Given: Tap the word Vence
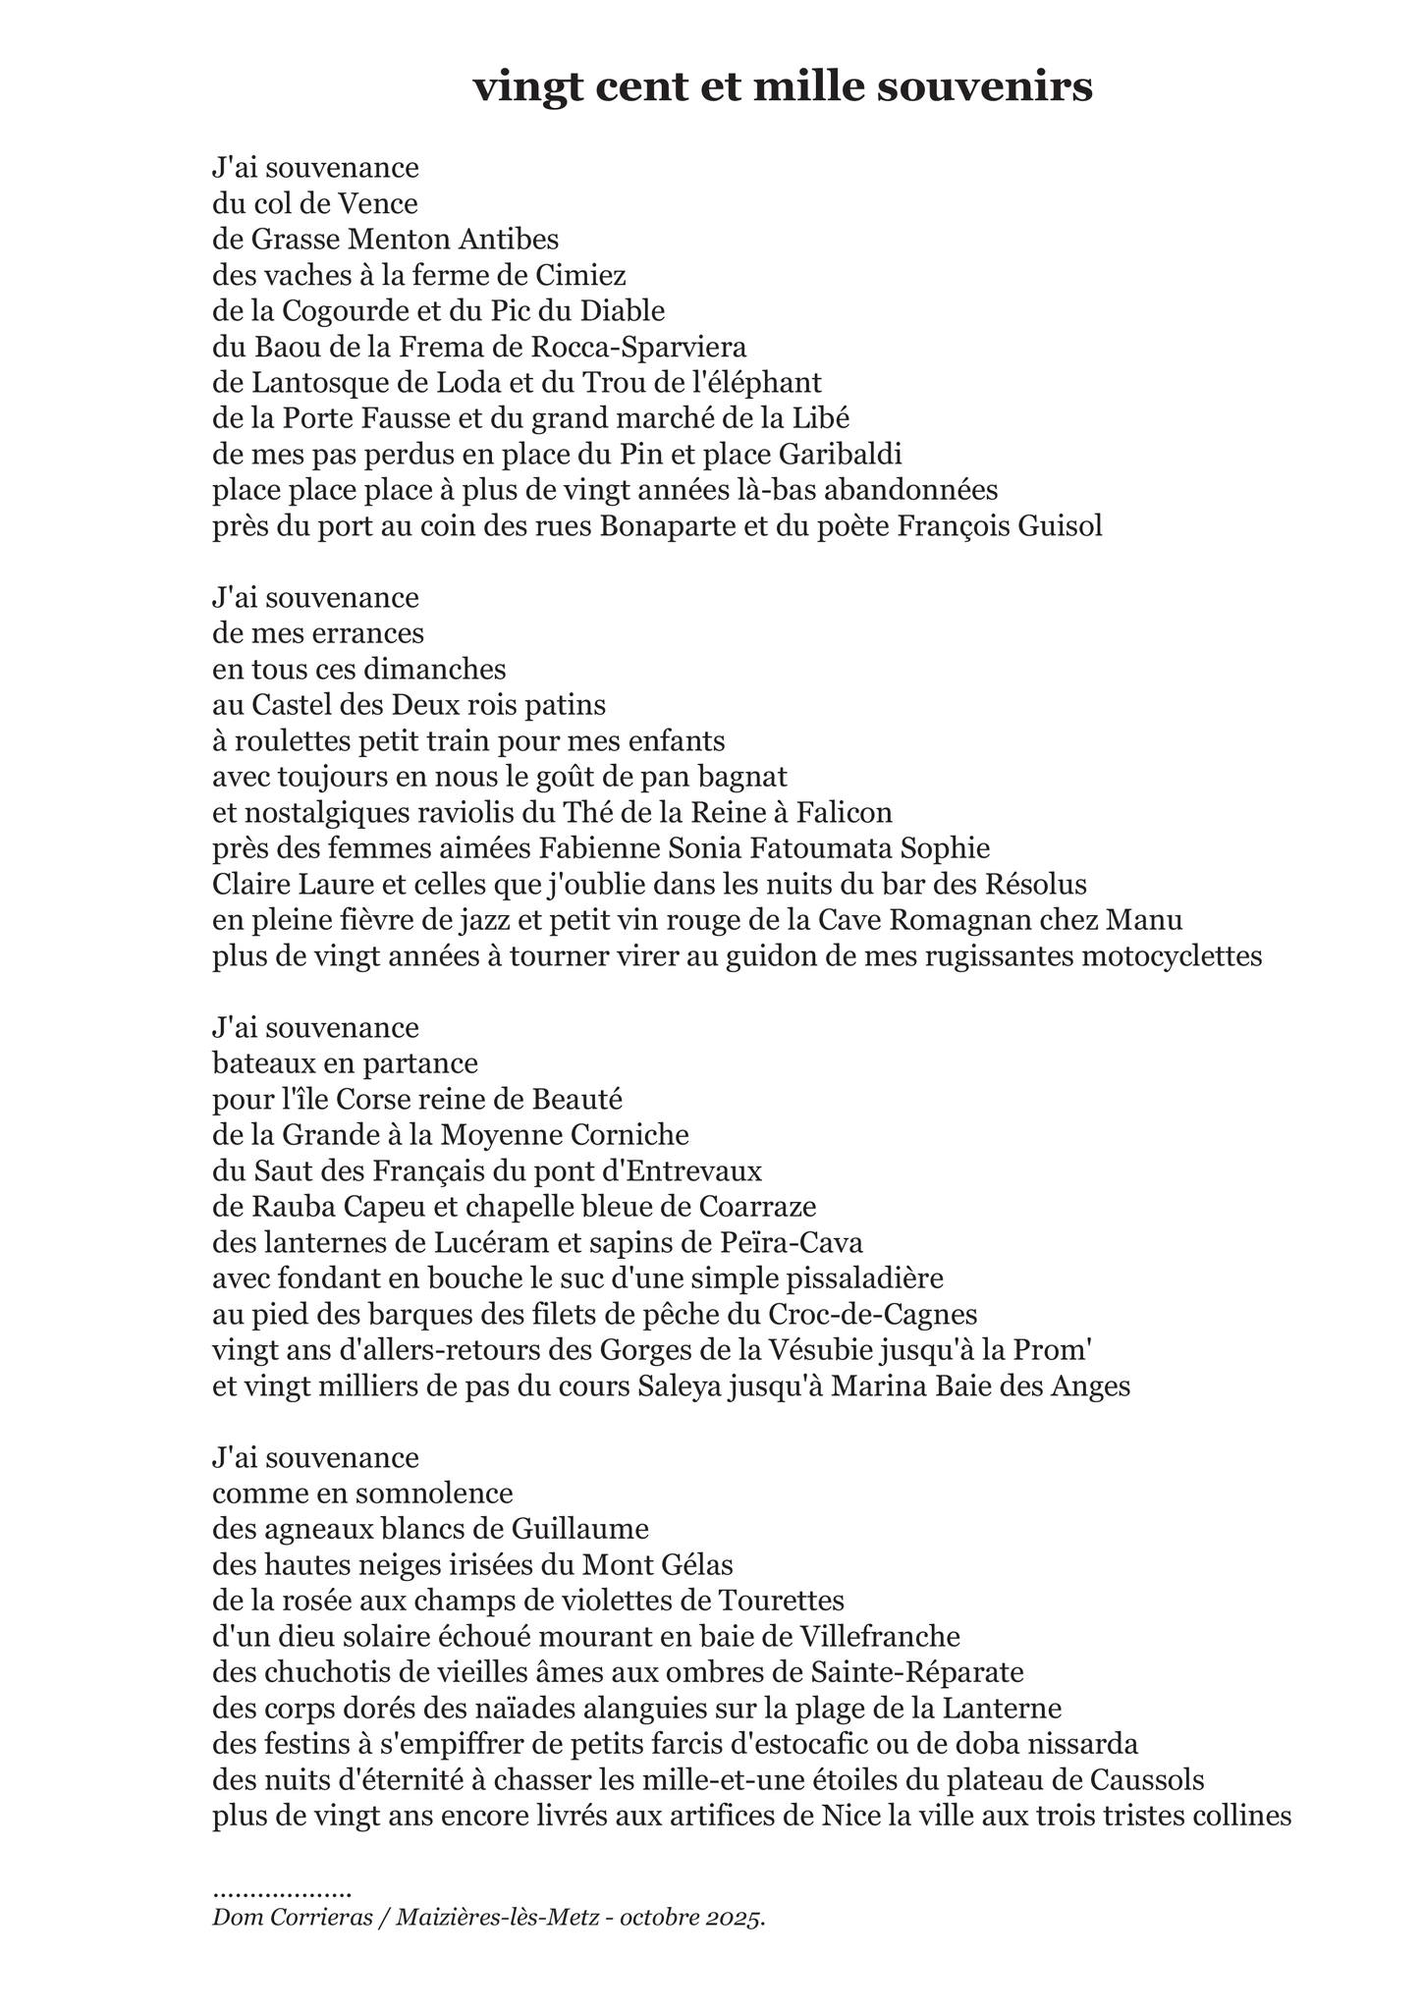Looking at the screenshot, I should tap(378, 204).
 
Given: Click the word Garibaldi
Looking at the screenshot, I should tap(841, 455).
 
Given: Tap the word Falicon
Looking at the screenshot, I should tap(844, 813).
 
